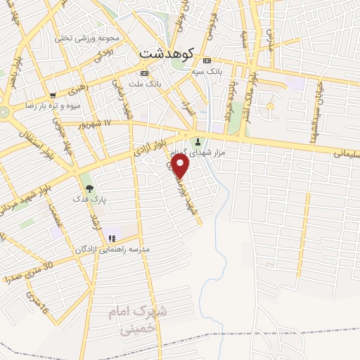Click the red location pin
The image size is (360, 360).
point(181,165)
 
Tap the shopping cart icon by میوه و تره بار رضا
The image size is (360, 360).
point(53,96)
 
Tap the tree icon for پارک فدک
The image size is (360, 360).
point(89,188)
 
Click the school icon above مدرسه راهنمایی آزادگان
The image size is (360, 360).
point(112,239)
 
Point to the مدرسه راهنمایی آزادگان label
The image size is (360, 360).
point(112,250)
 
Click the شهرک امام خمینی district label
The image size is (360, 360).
point(139,317)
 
